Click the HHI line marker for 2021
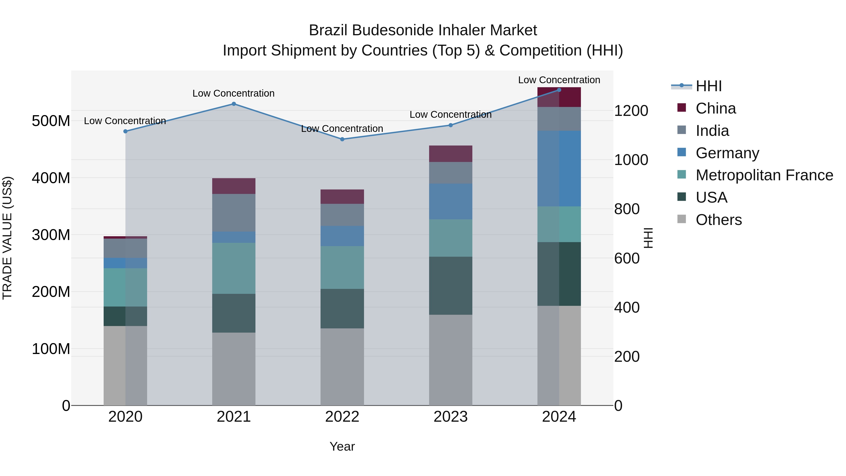(234, 104)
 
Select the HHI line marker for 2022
(342, 139)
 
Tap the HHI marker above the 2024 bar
(559, 90)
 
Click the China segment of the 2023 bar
(450, 154)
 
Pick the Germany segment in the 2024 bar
(559, 169)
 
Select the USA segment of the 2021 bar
(234, 313)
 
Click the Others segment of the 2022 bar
(342, 367)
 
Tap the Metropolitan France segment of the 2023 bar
(450, 238)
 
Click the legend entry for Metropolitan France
(764, 175)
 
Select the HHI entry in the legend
(708, 86)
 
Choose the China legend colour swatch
(681, 108)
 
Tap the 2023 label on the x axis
(450, 417)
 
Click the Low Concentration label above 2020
(125, 121)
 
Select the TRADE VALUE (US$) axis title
(7, 238)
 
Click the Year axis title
(342, 446)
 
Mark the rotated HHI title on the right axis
(648, 238)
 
